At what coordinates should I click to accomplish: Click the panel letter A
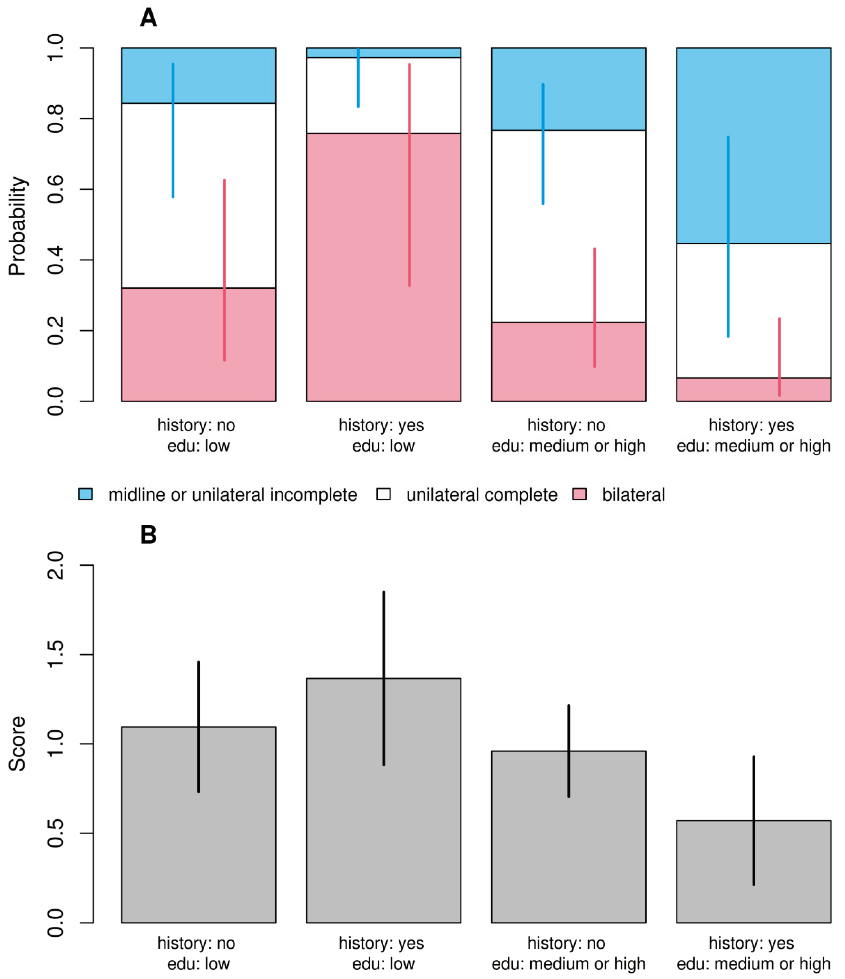pyautogui.click(x=148, y=18)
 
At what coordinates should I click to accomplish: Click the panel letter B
pyautogui.click(x=148, y=535)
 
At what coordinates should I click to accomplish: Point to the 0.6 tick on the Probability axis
pyautogui.click(x=56, y=189)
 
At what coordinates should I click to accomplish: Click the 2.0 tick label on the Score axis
pyautogui.click(x=56, y=565)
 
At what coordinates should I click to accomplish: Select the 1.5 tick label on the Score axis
pyautogui.click(x=56, y=654)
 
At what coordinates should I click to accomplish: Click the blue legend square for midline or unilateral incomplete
pyautogui.click(x=85, y=494)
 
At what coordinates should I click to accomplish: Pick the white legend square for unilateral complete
pyautogui.click(x=384, y=494)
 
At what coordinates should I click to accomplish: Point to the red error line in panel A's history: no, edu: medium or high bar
pyautogui.click(x=594, y=307)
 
